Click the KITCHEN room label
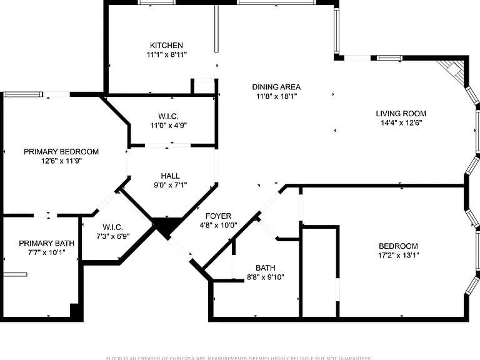(166, 45)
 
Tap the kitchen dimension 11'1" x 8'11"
(166, 54)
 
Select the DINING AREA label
(276, 87)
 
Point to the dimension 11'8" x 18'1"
(276, 96)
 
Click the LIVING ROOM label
(401, 113)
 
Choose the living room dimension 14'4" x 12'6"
(401, 122)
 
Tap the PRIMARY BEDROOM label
(61, 151)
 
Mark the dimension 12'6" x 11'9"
(61, 161)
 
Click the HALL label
(170, 176)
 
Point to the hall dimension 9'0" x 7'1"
(170, 184)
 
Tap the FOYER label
(218, 216)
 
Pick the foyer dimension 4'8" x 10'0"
(218, 225)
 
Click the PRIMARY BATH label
(46, 243)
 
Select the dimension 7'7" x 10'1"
(46, 252)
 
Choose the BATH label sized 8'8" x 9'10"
(265, 267)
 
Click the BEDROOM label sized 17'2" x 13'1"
(398, 246)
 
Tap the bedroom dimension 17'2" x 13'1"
(398, 255)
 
